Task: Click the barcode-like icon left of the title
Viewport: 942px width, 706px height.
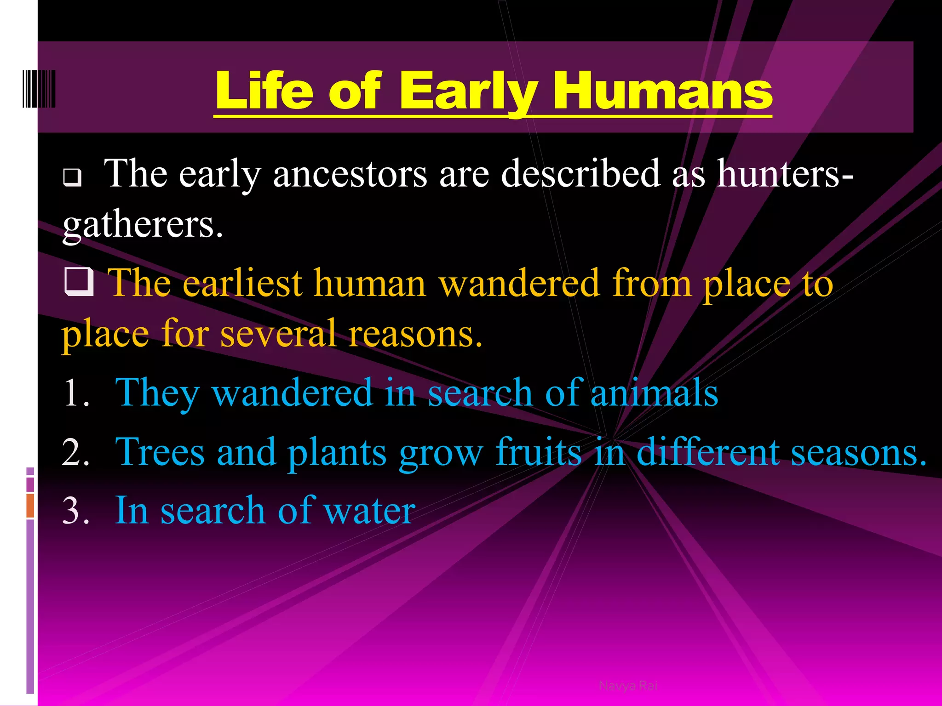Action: click(x=39, y=89)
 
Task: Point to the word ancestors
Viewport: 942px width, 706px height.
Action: click(x=350, y=175)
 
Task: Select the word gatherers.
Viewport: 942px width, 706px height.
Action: click(x=143, y=225)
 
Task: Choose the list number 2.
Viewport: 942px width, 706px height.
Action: click(x=76, y=453)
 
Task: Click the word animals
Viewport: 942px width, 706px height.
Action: click(x=654, y=393)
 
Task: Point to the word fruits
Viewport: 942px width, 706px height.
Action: click(x=538, y=453)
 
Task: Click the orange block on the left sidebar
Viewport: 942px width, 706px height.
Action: click(x=30, y=506)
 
